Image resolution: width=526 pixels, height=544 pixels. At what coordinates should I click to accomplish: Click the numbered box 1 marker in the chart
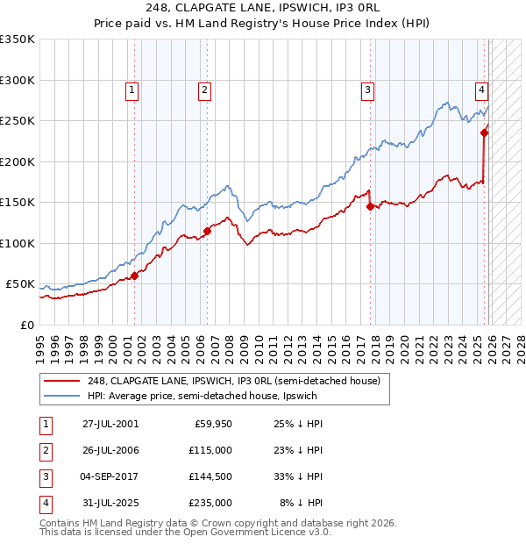coord(131,89)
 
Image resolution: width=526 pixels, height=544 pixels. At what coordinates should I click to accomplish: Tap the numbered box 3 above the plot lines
coord(367,89)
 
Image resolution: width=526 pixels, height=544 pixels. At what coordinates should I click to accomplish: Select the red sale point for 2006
coord(208,232)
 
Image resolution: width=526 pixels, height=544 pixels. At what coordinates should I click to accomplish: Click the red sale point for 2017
coord(370,207)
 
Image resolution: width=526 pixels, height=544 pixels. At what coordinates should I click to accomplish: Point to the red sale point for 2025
coord(484,133)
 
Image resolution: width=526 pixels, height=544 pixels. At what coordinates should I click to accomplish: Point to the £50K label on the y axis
coord(20,284)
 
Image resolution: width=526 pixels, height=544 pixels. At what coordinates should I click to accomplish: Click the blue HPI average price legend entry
coord(202,397)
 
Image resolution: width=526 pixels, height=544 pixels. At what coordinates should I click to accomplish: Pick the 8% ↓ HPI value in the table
coord(302,503)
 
